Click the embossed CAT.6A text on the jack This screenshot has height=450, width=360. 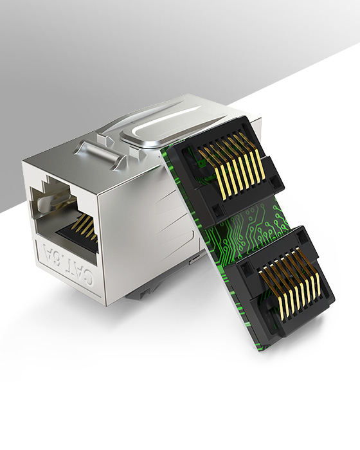coord(68,264)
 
